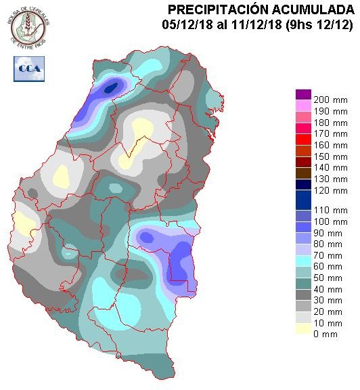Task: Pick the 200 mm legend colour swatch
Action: click(302, 93)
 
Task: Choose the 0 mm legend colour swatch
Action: click(302, 328)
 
